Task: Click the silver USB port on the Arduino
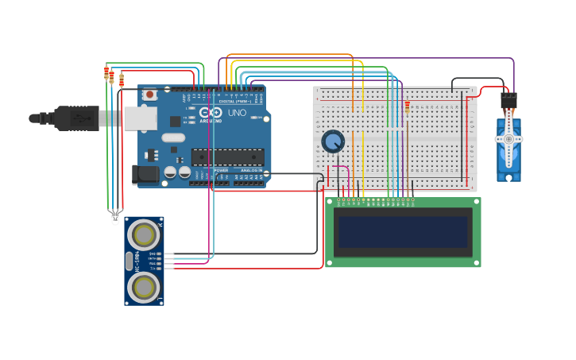coord(140,118)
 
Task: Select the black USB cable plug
coord(76,118)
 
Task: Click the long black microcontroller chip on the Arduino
coord(228,157)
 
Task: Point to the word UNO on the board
coord(237,113)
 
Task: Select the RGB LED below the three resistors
coord(114,216)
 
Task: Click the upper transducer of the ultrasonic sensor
coord(144,234)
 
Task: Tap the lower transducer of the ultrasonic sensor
coord(144,287)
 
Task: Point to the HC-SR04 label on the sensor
coord(137,261)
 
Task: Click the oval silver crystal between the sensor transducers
coord(130,261)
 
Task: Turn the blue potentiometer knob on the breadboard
coord(333,141)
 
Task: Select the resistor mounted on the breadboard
coord(408,106)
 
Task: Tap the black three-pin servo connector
coord(508,101)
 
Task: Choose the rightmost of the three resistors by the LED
coord(122,79)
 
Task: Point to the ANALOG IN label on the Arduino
coord(251,170)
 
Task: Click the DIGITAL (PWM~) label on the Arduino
coord(234,102)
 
